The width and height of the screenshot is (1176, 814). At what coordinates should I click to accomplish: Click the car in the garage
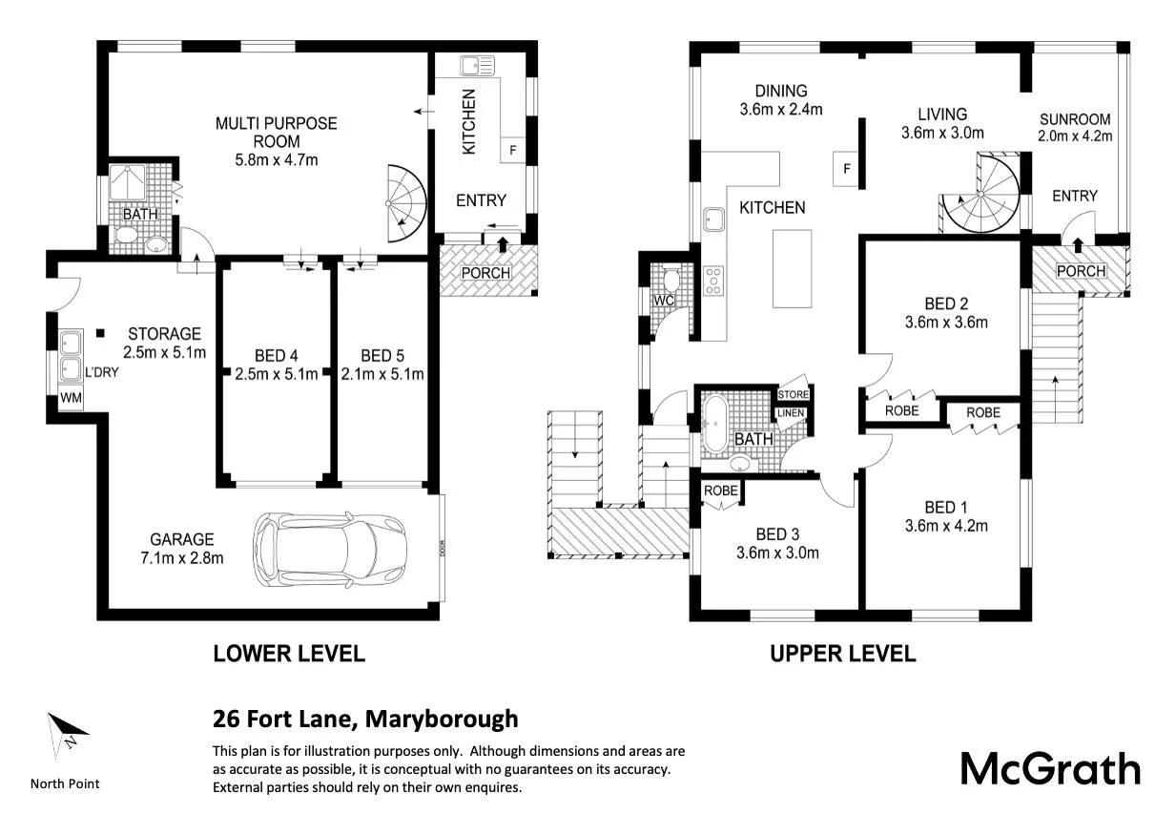click(x=330, y=550)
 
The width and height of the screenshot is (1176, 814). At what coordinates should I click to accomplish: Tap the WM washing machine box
click(x=71, y=398)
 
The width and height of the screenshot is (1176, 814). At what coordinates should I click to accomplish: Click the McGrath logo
click(x=1050, y=769)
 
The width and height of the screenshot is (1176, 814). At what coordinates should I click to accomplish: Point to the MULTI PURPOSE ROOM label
click(x=277, y=133)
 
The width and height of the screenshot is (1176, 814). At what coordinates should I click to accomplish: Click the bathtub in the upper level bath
click(x=715, y=424)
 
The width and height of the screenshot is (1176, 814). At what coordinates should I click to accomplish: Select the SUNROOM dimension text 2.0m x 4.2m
click(x=1075, y=136)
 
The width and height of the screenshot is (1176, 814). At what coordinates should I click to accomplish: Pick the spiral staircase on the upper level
click(x=980, y=194)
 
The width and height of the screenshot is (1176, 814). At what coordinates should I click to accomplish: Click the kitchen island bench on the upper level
click(x=793, y=268)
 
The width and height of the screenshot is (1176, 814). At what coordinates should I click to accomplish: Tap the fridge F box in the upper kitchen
click(x=845, y=169)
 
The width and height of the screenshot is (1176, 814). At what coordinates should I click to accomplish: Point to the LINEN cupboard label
click(x=791, y=413)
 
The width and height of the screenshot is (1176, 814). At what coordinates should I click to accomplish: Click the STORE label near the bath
click(x=794, y=394)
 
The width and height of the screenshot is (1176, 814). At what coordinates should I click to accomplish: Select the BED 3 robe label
click(x=721, y=490)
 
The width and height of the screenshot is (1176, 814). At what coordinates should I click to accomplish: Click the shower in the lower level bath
click(x=128, y=182)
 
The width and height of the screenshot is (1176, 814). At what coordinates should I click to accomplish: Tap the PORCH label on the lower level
click(x=485, y=273)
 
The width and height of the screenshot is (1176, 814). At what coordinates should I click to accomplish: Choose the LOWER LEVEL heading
click(x=289, y=654)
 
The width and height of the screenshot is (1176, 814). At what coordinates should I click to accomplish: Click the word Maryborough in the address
click(x=442, y=720)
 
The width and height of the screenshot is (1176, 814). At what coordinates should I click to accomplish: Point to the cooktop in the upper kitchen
click(x=713, y=281)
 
